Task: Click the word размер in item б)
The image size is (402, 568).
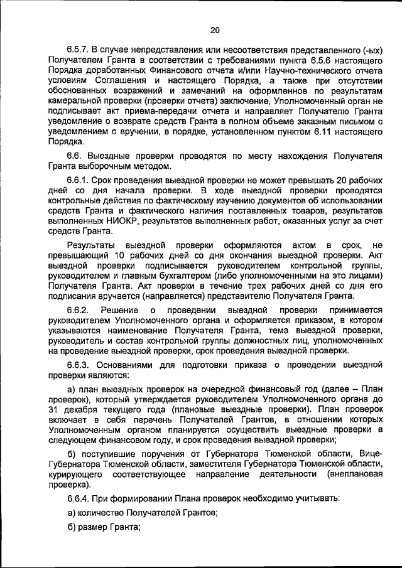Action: (92, 527)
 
